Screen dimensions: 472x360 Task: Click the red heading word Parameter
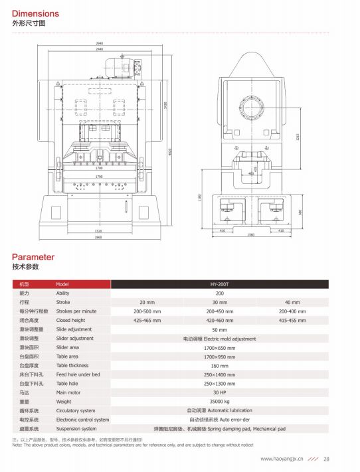[33, 257]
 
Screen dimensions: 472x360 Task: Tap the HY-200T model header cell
[219, 284]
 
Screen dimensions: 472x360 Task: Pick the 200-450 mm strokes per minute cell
[219, 311]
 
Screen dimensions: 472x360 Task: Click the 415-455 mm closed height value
[292, 320]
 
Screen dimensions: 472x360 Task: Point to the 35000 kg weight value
[219, 402]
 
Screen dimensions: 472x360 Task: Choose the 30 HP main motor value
[219, 392]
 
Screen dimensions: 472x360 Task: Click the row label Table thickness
[72, 365]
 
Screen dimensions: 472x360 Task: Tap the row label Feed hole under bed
[78, 374]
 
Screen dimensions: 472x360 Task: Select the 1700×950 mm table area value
[219, 356]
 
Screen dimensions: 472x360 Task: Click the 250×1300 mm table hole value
[219, 384]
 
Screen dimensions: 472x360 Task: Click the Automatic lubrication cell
[219, 411]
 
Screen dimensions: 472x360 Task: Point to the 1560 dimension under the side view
[251, 235]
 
